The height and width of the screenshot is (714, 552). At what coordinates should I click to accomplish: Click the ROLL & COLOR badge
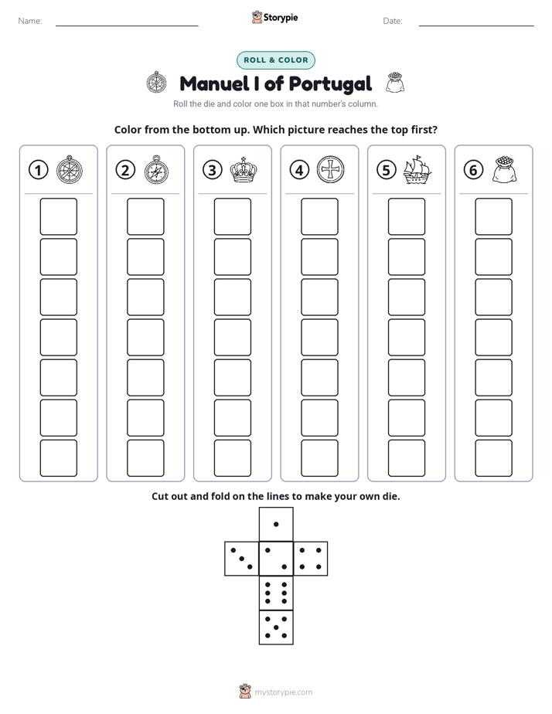pos(275,60)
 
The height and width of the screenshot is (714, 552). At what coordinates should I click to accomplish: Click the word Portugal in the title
pos(330,84)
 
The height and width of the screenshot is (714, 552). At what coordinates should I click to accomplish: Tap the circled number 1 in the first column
pos(38,170)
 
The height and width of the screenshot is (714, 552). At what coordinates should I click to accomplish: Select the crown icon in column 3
pos(244,170)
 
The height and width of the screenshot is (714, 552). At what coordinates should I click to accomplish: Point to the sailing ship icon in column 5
pos(417,170)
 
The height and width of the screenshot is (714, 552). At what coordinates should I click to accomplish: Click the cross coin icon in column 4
pos(330,169)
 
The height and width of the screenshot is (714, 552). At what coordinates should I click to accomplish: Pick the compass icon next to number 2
pos(156,170)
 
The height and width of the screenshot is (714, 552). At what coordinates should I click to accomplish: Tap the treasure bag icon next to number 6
pos(504,170)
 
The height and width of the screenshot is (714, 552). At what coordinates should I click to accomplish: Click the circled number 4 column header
pos(299,170)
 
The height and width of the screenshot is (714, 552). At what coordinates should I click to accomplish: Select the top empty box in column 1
pos(58,216)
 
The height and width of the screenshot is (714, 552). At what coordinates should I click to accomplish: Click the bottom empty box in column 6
pos(493,458)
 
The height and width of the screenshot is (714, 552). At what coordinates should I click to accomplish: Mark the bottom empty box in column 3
pos(232,458)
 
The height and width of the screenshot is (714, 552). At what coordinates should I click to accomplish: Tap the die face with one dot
pos(276,525)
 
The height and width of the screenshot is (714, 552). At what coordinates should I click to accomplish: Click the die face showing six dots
pos(276,593)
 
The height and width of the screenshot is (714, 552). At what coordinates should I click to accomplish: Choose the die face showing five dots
pos(276,627)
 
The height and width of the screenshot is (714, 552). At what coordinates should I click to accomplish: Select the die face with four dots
pos(311,559)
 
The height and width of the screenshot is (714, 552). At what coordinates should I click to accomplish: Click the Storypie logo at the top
pos(274,18)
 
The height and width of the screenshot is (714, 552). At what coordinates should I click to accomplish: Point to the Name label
pos(30,21)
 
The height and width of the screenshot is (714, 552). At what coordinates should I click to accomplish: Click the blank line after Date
pos(476,25)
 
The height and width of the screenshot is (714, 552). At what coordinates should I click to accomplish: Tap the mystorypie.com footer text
pos(283,692)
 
